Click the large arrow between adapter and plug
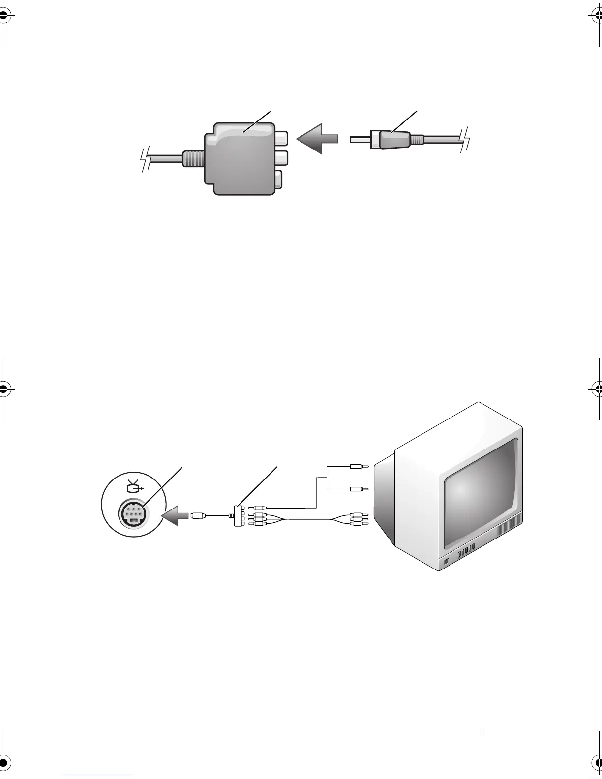coord(317,139)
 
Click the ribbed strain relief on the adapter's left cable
coord(193,159)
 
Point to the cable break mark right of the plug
coord(464,138)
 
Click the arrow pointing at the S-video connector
coord(177,516)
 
